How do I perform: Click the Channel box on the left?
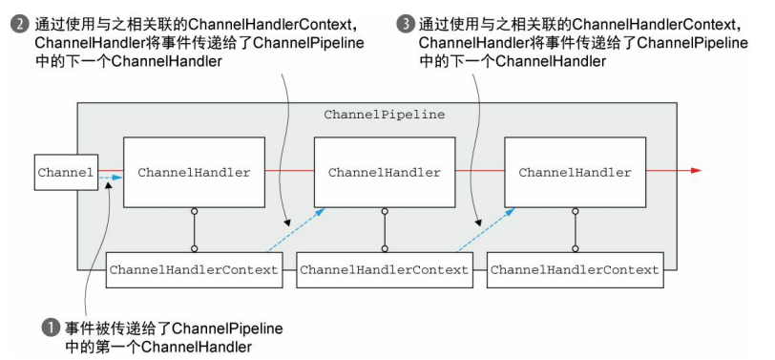coord(66,173)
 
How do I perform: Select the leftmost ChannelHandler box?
coord(194,173)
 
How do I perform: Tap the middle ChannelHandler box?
coord(385,173)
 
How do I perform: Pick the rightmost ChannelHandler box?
coord(575,173)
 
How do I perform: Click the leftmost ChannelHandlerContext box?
coord(194,270)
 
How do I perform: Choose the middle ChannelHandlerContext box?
coord(385,270)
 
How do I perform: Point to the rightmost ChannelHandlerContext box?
coord(575,270)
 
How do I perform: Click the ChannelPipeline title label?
coord(384,114)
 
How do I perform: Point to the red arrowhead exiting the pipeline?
coord(696,171)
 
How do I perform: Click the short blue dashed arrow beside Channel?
coord(108,177)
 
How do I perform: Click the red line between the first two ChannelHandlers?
coord(289,171)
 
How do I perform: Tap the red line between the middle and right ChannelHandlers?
coord(479,171)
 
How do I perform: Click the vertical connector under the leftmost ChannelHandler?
coord(194,230)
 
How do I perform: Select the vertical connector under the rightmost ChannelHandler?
coord(575,230)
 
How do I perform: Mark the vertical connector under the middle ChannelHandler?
coord(385,230)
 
